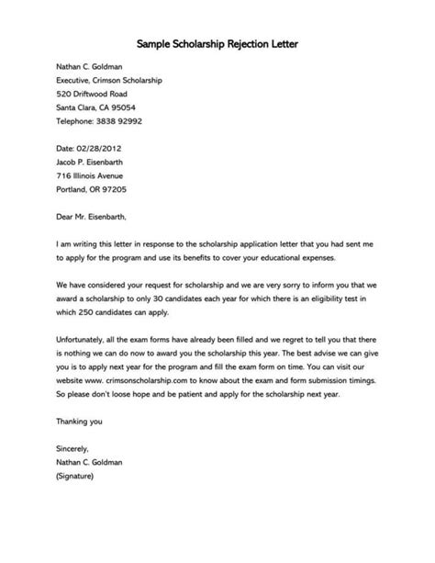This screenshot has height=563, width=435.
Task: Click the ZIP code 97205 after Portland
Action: [100, 189]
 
